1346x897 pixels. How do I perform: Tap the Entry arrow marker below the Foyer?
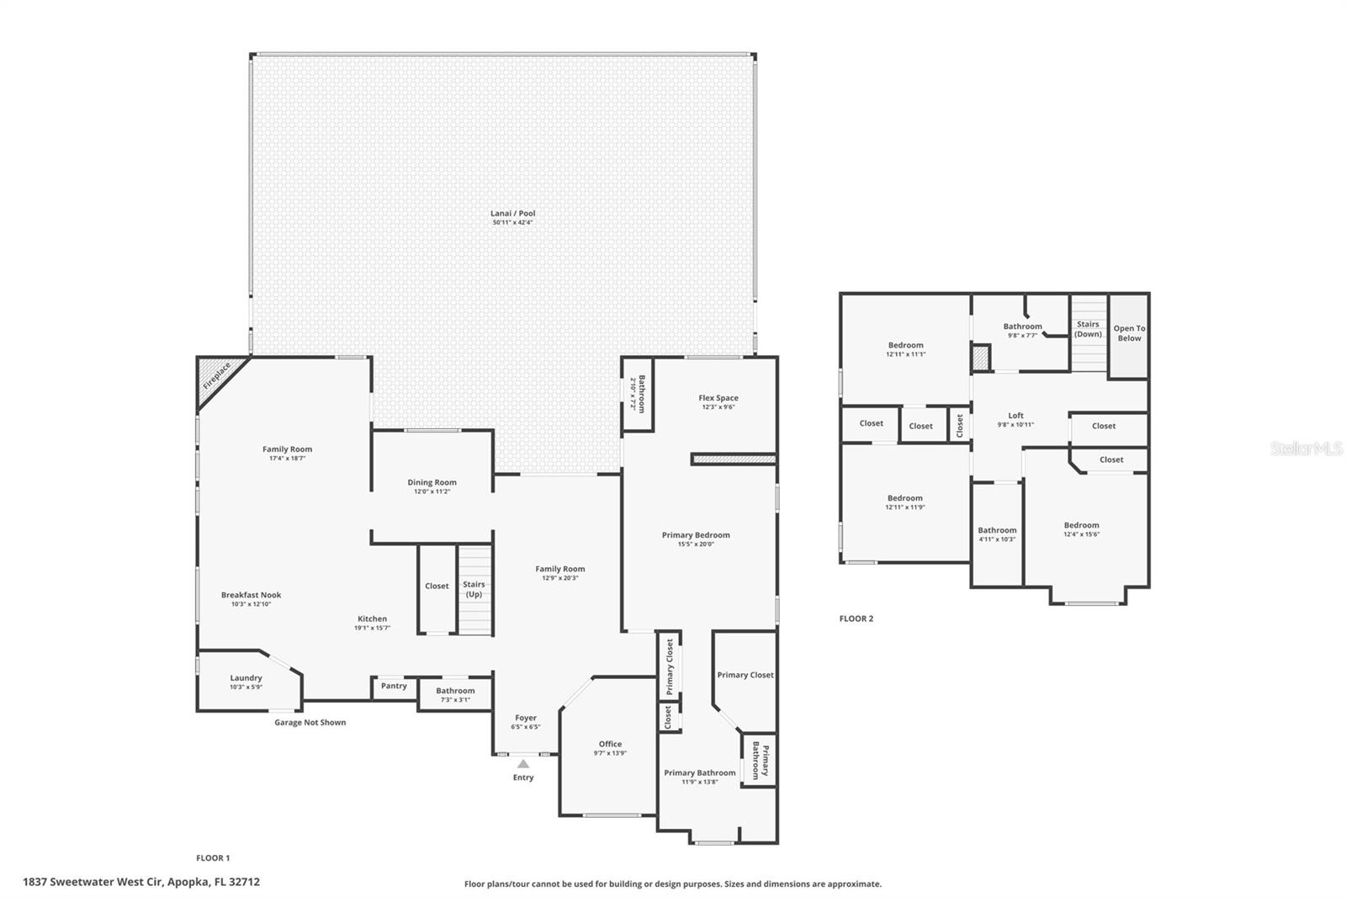[523, 764]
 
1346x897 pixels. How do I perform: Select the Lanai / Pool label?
[512, 214]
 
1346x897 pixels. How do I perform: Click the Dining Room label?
[432, 483]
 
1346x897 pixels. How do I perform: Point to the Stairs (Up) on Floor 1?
[474, 589]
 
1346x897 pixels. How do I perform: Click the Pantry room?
[394, 687]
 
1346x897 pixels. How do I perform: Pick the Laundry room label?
[246, 678]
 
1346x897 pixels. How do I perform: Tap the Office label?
[610, 744]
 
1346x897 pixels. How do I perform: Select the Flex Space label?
[718, 398]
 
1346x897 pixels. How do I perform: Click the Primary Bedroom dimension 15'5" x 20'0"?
[696, 544]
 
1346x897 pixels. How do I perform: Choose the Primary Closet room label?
[745, 675]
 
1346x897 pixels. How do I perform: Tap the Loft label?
[1015, 416]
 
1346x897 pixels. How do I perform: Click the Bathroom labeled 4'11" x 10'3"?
[997, 534]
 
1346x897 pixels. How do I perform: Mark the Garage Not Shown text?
[310, 723]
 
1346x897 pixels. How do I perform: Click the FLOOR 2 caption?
[856, 618]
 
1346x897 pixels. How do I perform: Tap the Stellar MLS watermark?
[1306, 449]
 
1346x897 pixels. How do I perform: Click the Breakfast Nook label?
[251, 595]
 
